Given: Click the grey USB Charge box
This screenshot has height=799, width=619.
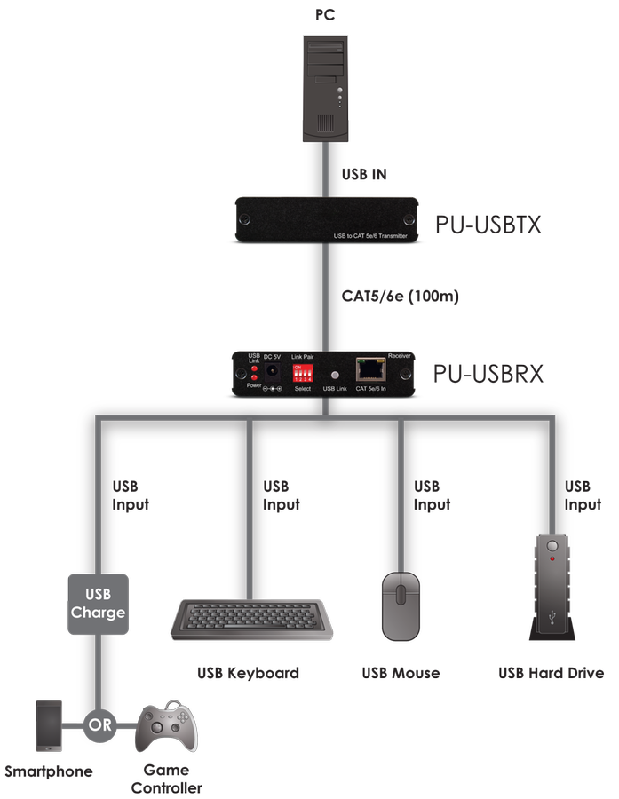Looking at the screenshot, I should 98,604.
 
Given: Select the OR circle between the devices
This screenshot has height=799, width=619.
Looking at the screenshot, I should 99,724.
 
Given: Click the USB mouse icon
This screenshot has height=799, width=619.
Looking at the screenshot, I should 401,605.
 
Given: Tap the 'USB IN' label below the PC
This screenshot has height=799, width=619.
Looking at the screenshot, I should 365,175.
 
